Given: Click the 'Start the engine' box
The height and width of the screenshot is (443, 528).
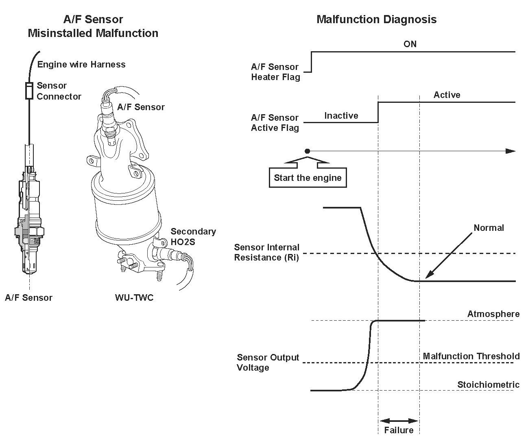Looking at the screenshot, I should pos(308,178).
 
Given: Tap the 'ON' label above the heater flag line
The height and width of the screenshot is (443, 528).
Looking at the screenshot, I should pos(410,44).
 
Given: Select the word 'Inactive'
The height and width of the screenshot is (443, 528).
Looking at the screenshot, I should pos(341,116).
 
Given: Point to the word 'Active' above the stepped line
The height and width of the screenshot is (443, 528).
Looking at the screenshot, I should pos(447,95).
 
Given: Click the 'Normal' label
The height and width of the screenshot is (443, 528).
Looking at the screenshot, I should pos(489,228).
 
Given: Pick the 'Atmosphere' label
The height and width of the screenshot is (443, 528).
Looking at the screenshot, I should pos(493,314).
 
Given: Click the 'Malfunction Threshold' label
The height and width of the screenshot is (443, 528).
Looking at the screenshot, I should pos(471,356).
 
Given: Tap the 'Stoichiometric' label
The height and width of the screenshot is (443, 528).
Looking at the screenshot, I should pos(488,385).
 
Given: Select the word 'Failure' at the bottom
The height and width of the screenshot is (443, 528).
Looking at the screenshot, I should pos(398,430).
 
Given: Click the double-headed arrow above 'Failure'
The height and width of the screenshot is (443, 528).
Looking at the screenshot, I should pos(399,421).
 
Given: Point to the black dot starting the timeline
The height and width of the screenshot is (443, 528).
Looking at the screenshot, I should pos(308,151).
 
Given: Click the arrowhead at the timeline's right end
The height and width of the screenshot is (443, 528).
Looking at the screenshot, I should pos(511,151).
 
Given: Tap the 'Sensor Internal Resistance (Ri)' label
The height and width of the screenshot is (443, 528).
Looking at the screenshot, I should pos(266,252).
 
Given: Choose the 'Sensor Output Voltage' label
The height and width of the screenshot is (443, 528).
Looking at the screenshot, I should pos(268,363).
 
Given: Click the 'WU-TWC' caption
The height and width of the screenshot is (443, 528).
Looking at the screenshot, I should pos(134,298).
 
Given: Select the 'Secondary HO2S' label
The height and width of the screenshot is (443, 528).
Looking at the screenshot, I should pos(193,237).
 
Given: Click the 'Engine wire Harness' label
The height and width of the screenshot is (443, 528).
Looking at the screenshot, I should pos(81,65).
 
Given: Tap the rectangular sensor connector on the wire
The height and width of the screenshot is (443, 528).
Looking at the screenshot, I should pos(29,91).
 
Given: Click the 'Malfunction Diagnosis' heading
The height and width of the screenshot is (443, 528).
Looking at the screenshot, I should pos(376,20).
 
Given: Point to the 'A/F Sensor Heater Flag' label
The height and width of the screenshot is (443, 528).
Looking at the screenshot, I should pos(275,72).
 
